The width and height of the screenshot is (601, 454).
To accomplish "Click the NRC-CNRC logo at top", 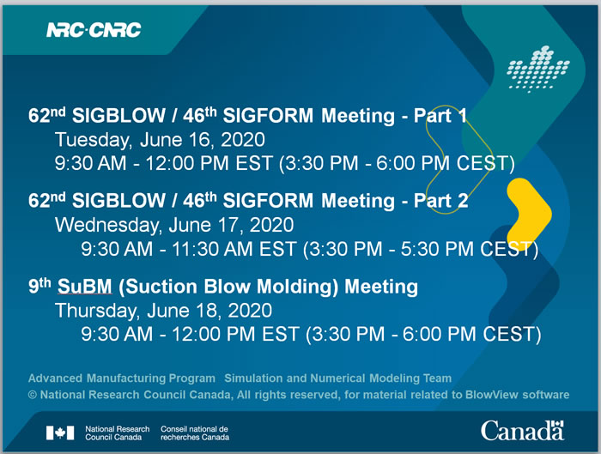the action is coord(94,30).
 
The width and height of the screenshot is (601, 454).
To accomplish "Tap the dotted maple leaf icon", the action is coord(538,69).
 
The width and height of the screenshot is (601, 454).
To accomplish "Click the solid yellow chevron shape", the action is coord(530,214).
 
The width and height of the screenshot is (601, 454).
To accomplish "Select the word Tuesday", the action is coord(93,140).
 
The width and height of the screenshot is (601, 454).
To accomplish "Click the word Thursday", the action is coord(97,311).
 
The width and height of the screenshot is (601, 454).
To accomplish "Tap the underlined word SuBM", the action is coord(85,287).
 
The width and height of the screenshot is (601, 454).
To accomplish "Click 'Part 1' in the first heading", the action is coord(440,116).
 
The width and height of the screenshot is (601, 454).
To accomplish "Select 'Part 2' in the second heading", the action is coord(440,201).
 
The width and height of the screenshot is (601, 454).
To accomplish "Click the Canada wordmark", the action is coord(523,431).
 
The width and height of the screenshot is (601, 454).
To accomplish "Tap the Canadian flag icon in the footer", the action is coord(60,433).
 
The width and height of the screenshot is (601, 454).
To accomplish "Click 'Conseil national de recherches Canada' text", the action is coord(195,433).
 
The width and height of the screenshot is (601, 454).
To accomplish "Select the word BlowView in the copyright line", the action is coord(491,395).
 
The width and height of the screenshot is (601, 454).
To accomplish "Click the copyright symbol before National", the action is coord(33,395).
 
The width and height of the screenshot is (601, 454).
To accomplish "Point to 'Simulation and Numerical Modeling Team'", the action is coord(337,378).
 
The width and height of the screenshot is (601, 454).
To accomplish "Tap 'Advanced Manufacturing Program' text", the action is coord(122,378).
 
